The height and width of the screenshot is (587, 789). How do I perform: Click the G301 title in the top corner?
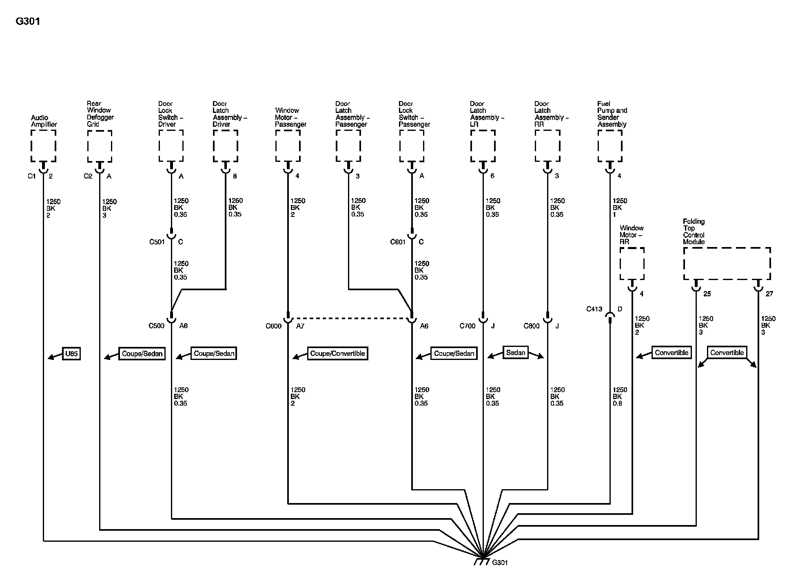point(28,22)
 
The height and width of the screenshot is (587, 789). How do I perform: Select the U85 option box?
point(71,353)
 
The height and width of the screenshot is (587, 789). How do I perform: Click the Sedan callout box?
point(516,353)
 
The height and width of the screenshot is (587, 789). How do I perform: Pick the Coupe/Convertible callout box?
point(337,353)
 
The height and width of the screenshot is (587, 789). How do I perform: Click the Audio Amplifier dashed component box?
point(43,146)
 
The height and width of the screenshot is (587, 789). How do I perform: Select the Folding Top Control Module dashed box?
point(727,263)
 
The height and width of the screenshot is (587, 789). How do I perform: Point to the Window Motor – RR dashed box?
point(632,263)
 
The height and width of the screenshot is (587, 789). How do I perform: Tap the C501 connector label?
point(157,242)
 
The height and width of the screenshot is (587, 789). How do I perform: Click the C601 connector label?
point(398,242)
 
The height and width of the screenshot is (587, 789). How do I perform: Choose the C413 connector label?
point(594,309)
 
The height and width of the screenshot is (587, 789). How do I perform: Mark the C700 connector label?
point(468,326)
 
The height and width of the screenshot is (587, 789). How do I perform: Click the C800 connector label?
point(532,326)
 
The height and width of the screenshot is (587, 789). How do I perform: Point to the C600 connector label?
point(273,326)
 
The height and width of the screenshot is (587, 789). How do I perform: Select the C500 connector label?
point(156,326)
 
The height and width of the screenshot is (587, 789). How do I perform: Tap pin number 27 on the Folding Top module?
point(769,294)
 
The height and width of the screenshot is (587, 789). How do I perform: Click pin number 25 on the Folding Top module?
point(707,294)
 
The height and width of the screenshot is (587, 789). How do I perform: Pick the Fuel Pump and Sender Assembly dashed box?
point(610,146)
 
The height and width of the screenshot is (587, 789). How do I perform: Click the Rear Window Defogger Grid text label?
point(100,114)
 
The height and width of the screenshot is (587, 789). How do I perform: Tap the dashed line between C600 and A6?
point(350,318)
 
